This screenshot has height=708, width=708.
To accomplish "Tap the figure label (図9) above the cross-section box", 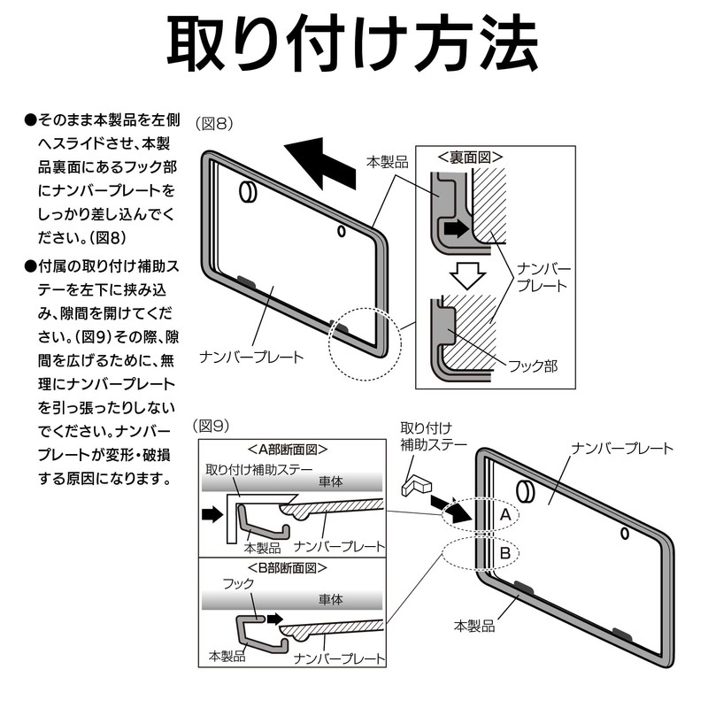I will (213, 426).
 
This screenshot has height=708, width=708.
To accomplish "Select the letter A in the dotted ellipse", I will (504, 514).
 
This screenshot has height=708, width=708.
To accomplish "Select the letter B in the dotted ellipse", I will (504, 554).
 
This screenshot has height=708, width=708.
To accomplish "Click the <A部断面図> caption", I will (288, 449).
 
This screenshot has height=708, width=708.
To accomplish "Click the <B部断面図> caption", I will (288, 567).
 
